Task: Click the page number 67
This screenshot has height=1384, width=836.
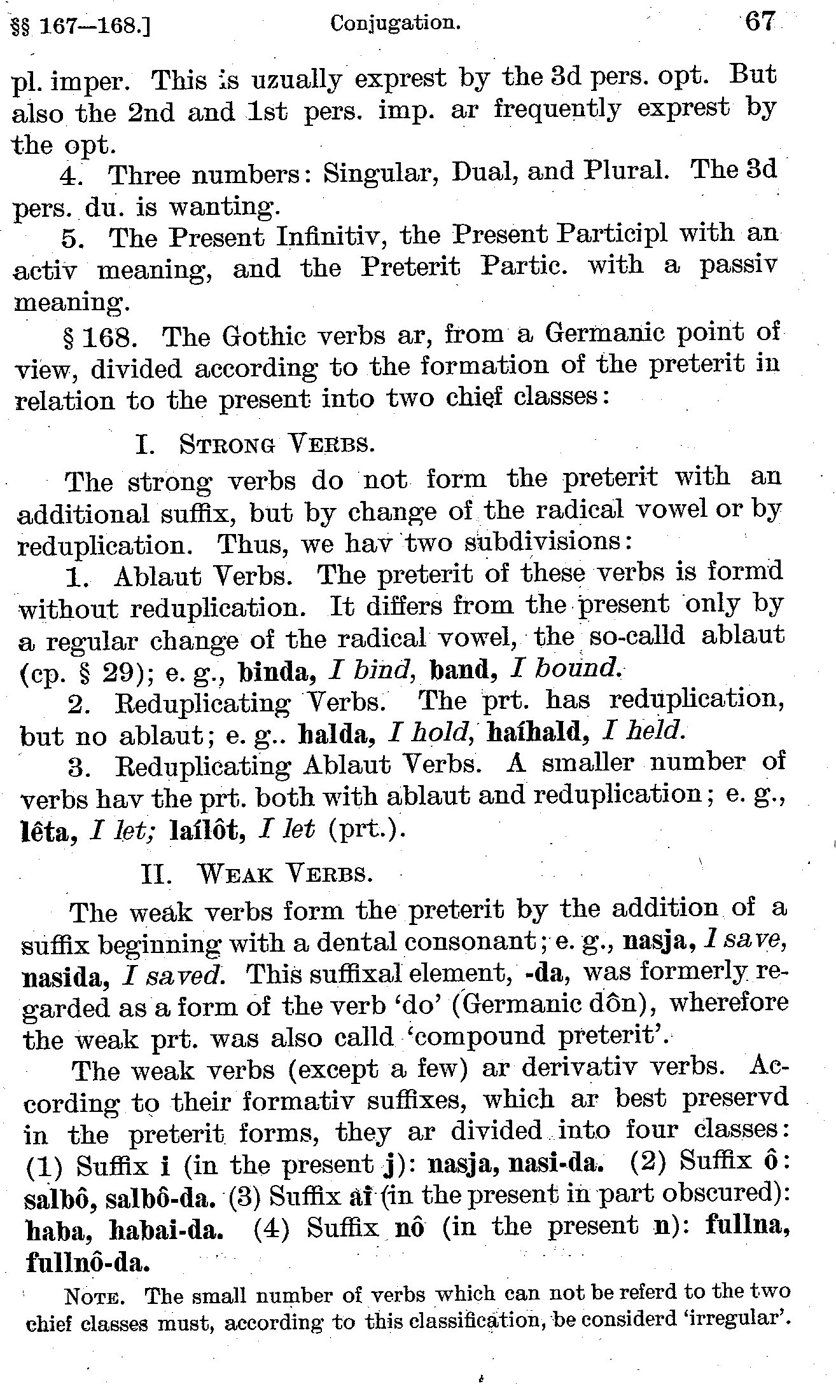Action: (x=760, y=23)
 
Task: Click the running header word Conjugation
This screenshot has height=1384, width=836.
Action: (x=395, y=24)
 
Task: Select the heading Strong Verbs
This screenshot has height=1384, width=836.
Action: (x=276, y=443)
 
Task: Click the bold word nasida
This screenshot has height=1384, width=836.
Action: (x=62, y=977)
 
